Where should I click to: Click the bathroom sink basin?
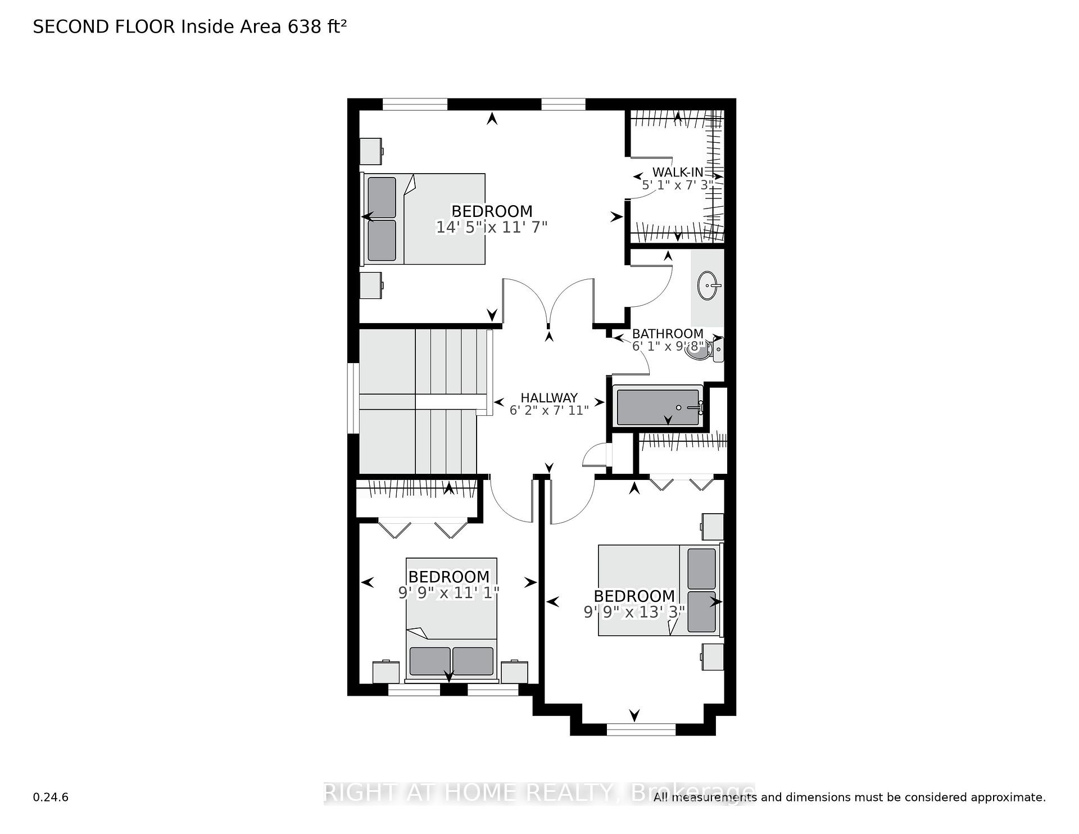(710, 287)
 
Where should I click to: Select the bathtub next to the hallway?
(658, 405)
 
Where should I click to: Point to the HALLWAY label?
(549, 398)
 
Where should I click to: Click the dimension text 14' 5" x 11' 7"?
(492, 227)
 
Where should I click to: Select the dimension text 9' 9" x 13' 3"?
(634, 611)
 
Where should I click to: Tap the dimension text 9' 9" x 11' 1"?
(448, 592)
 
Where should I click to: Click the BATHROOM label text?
(668, 334)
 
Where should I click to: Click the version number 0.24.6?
(51, 797)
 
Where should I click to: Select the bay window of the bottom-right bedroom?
(641, 729)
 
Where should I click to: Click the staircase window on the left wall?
(353, 398)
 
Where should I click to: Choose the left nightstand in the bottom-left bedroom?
(386, 672)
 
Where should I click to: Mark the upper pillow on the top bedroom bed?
(382, 198)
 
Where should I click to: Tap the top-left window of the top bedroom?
(415, 104)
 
